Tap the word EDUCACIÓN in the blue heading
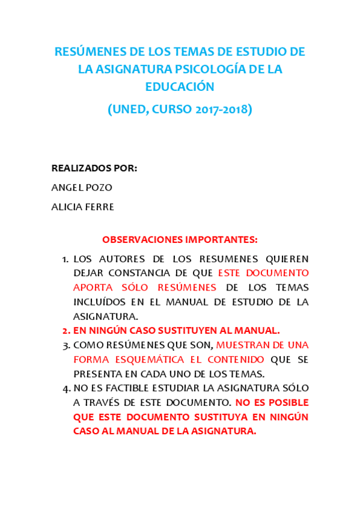point(180,87)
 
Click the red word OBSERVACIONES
point(139,239)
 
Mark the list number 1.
point(65,259)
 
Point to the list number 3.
point(65,345)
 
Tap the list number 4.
point(65,389)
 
